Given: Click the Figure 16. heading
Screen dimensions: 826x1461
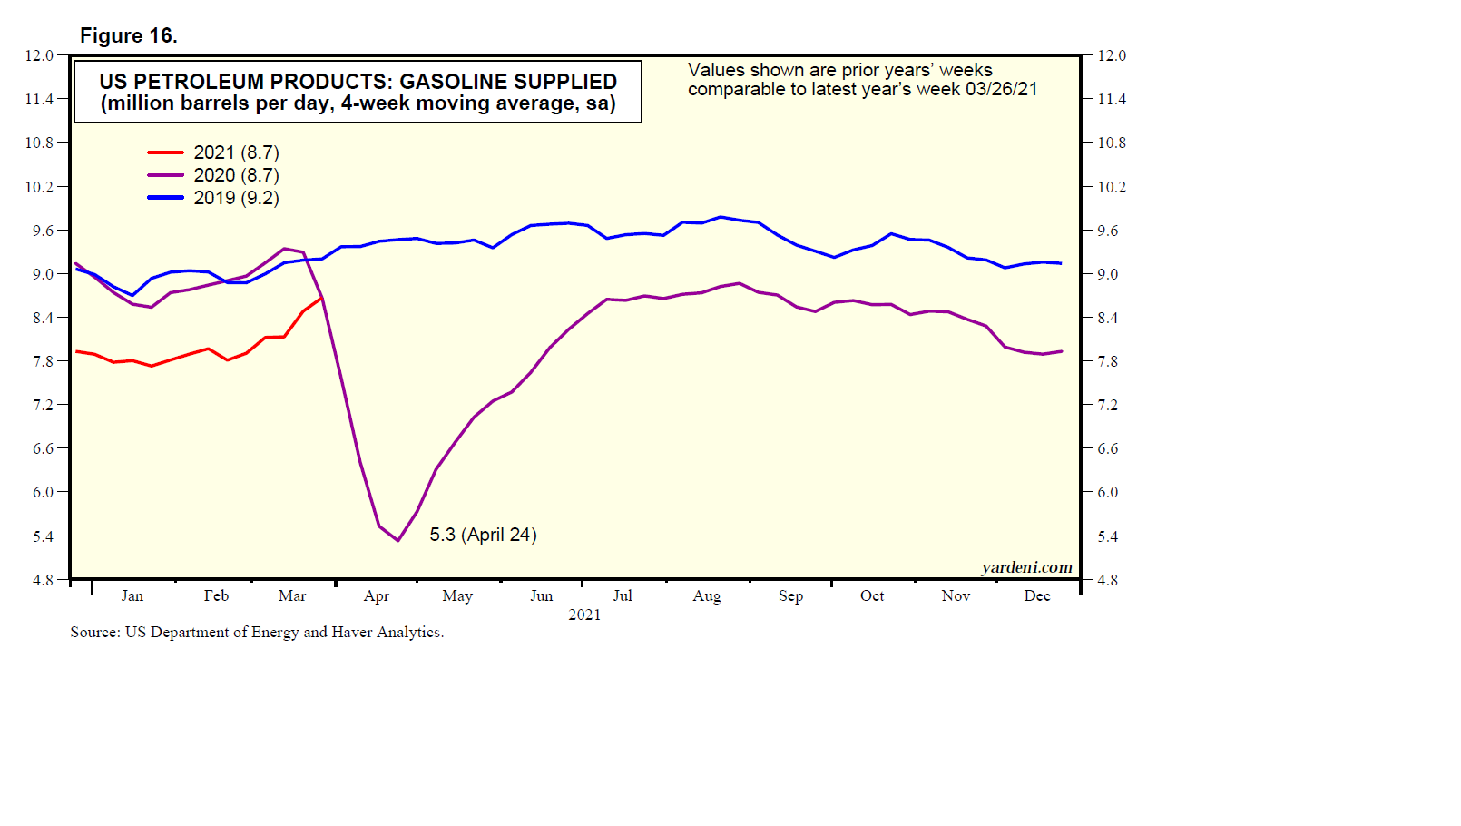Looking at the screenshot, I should click(129, 35).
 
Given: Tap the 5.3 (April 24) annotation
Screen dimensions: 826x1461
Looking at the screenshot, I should click(483, 535).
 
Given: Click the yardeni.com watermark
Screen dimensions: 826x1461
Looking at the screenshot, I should click(1026, 567).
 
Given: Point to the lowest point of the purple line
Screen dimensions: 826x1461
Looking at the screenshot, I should click(397, 541).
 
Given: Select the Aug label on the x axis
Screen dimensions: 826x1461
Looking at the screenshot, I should click(706, 596).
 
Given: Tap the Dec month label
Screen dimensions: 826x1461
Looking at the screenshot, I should click(1036, 596).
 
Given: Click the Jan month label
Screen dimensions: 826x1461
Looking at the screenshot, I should click(132, 596).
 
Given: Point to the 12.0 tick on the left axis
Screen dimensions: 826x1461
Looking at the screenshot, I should click(40, 55).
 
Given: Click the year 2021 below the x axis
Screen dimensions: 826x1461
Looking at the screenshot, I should click(584, 615).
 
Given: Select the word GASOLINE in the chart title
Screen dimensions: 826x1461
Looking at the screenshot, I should click(450, 82).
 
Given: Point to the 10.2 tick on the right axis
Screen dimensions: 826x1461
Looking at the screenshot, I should click(1111, 187).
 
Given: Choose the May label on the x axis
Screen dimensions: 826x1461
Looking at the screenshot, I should click(457, 596).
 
